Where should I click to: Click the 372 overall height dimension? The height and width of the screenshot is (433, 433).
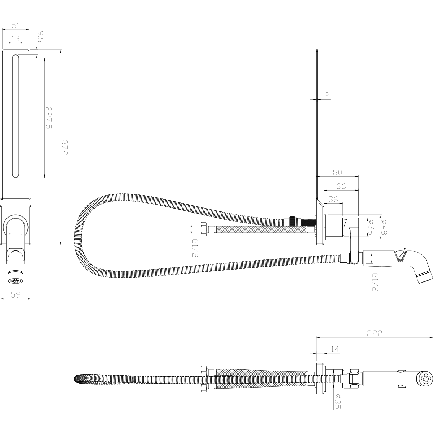click(x=65, y=148)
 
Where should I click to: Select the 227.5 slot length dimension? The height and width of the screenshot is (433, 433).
click(x=49, y=118)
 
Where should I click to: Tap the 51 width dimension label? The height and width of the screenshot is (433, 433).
click(x=16, y=25)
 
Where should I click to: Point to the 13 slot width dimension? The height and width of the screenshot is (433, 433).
click(x=16, y=39)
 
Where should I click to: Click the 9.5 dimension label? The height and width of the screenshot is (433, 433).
click(x=40, y=37)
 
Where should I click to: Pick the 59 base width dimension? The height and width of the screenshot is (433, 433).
click(x=16, y=294)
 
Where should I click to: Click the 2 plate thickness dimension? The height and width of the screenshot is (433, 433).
click(x=327, y=96)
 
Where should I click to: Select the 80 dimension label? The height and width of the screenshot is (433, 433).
click(x=337, y=172)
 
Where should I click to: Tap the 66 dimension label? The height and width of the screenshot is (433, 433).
click(x=341, y=186)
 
